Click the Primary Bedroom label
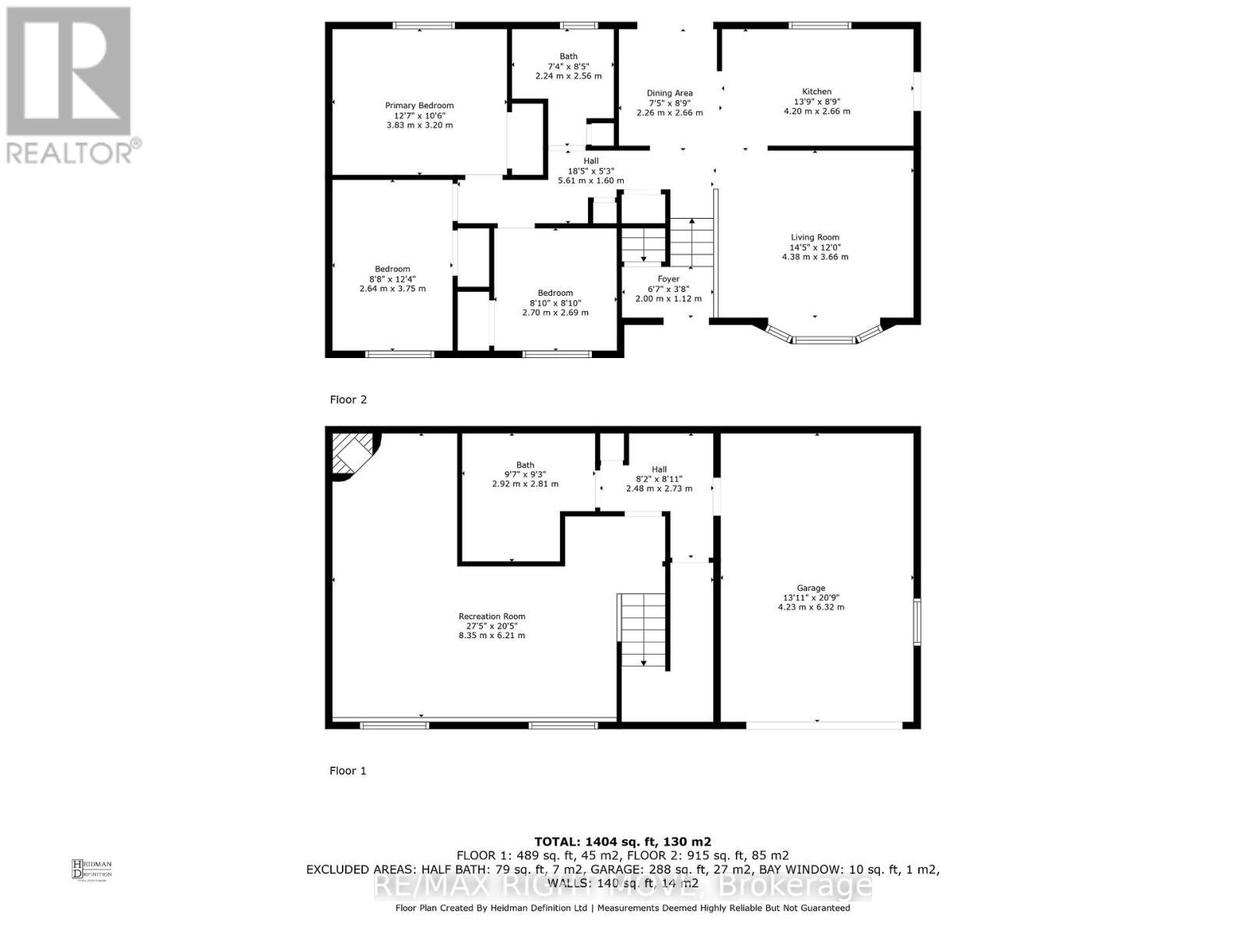[x=419, y=106]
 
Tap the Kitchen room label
[x=817, y=92]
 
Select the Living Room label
[x=815, y=237]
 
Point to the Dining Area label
[x=670, y=93]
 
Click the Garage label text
[x=811, y=588]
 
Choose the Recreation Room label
[x=491, y=616]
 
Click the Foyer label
[x=668, y=279]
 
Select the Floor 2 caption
[x=348, y=399]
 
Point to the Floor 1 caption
[x=348, y=771]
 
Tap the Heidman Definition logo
[x=92, y=869]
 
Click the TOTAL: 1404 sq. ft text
[x=622, y=841]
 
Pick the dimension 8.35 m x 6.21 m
[x=491, y=635]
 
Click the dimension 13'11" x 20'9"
[x=811, y=598]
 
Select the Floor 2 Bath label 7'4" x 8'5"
[x=568, y=66]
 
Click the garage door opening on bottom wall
[x=824, y=725]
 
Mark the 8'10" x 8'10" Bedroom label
[x=555, y=303]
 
